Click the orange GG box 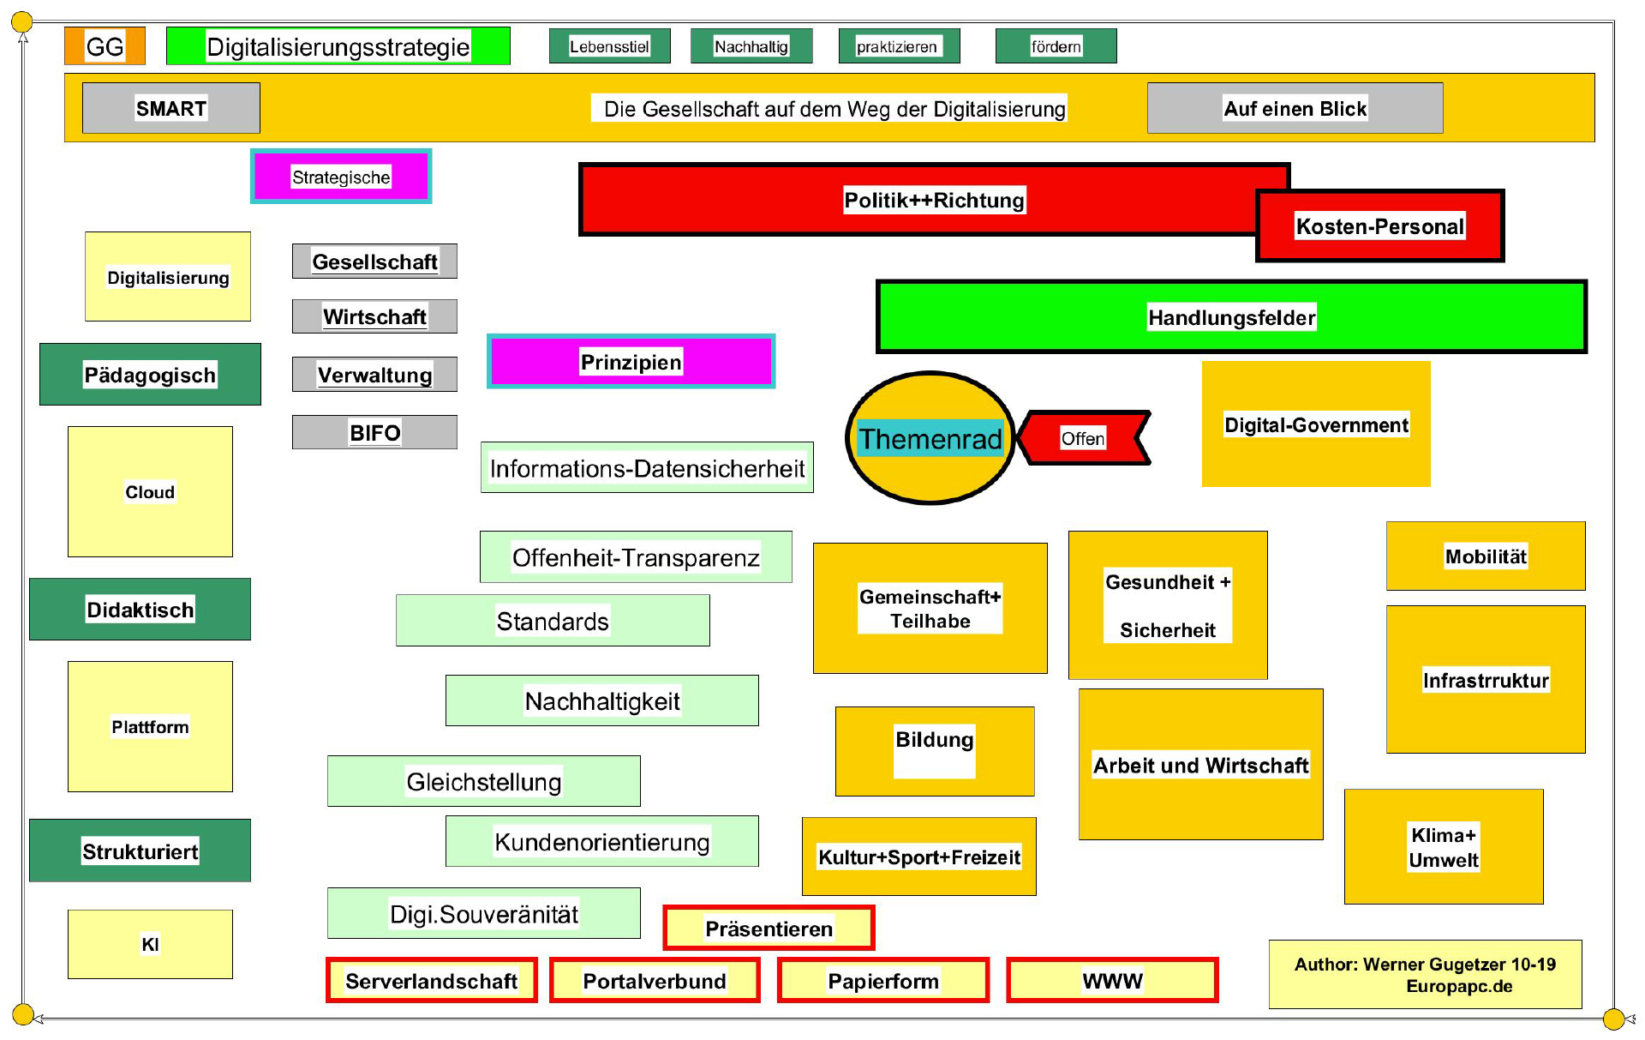coord(105,46)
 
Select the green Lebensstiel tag coord(609,46)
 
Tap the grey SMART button coord(170,108)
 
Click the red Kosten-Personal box coord(1379,226)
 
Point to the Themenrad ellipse coord(930,438)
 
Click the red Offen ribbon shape coord(1084,438)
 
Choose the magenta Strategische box coord(341,177)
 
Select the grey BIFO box coord(374,432)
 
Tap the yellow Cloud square coord(150,491)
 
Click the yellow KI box coord(150,944)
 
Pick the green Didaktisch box coord(140,610)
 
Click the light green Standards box coord(553,621)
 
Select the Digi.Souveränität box coord(483,914)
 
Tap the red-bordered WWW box coord(1112,980)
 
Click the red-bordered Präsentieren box coord(769,929)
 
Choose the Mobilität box coord(1486,556)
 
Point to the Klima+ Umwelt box coord(1444,847)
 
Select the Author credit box coord(1425,975)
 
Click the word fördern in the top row coord(1056,46)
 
